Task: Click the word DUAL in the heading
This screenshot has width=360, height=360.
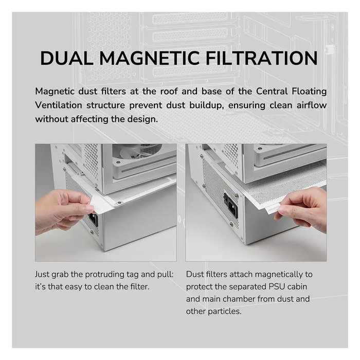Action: pos(67,58)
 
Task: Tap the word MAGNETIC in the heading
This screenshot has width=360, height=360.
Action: pos(150,58)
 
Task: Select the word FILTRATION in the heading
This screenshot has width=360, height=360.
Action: pos(262,58)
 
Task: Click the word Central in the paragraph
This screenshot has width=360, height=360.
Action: pos(272,92)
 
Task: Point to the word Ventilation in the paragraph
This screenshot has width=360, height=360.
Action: pos(59,105)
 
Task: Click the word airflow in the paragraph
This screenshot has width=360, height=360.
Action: pos(312,105)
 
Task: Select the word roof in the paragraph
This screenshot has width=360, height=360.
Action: pos(169,92)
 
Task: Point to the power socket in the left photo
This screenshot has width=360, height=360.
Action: pos(94,220)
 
